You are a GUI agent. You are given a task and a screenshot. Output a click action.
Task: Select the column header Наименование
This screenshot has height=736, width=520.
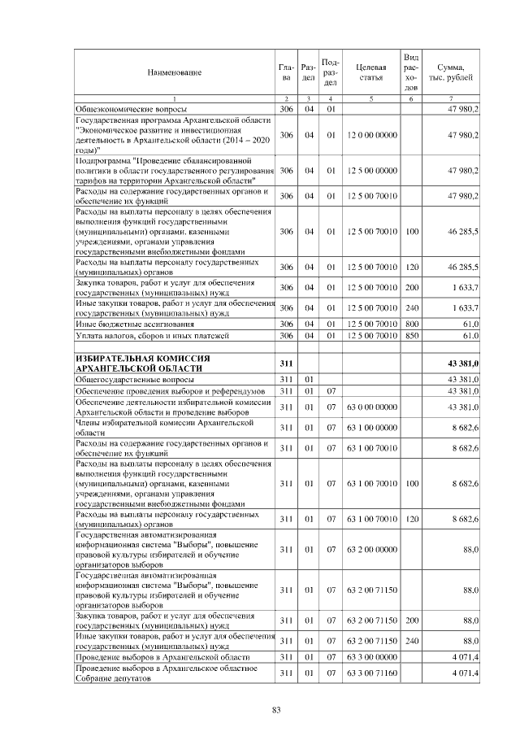[x=174, y=73]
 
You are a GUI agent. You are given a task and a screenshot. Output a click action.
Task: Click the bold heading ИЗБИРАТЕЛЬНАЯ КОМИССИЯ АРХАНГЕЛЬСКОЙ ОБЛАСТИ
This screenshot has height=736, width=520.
[x=143, y=363]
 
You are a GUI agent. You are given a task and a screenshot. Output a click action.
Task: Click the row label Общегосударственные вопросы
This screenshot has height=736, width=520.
[x=134, y=380]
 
